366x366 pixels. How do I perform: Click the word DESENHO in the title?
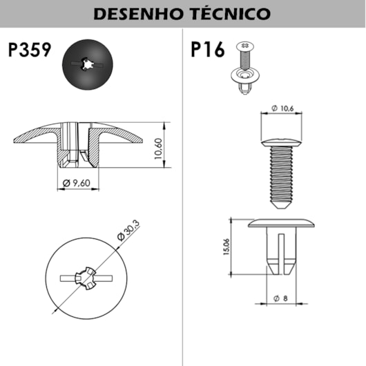click(137, 14)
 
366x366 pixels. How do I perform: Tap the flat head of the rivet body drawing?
click(280, 224)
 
